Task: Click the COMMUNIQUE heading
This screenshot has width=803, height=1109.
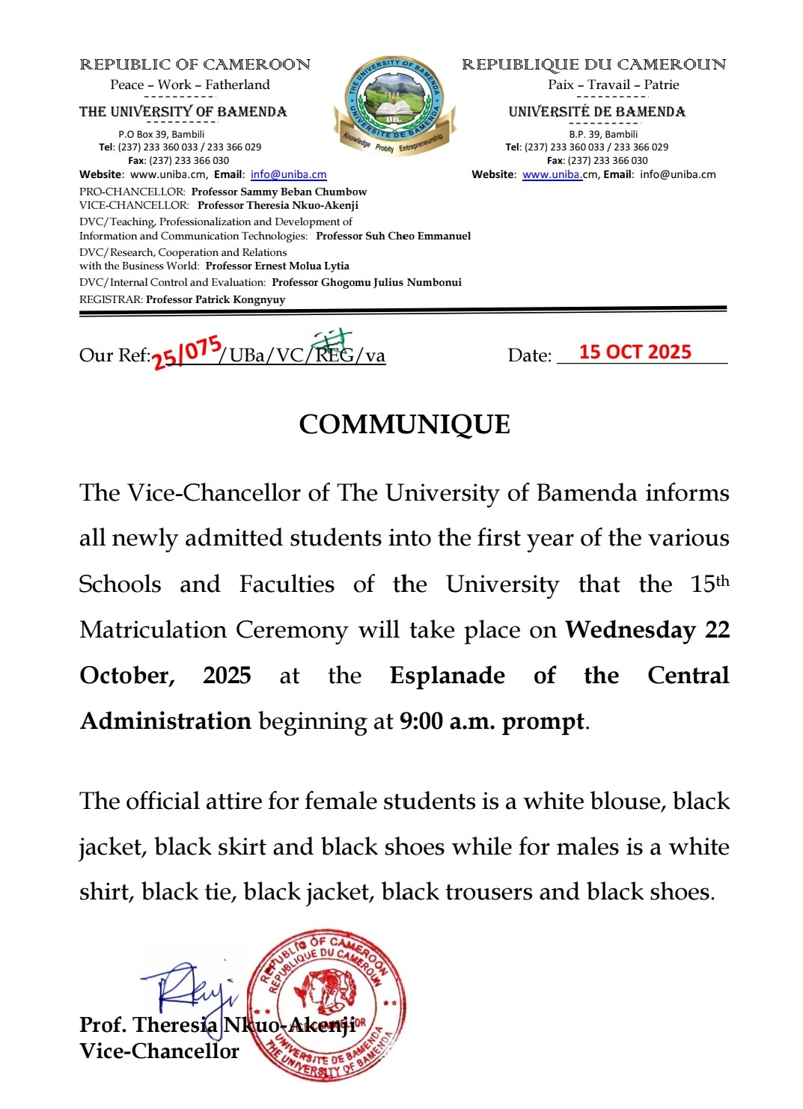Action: [404, 424]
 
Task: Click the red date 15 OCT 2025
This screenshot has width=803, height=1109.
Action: [635, 352]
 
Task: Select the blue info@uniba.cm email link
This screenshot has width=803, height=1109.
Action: [288, 174]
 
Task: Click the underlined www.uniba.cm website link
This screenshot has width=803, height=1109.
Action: [552, 174]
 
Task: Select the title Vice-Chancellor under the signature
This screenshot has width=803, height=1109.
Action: [159, 1051]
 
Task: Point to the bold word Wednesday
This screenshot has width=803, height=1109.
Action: [630, 630]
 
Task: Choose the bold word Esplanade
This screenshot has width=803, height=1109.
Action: [447, 676]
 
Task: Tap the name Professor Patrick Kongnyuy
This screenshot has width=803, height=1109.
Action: [216, 299]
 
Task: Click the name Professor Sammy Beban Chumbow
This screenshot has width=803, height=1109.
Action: [278, 192]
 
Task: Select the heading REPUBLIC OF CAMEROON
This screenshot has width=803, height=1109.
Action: [195, 65]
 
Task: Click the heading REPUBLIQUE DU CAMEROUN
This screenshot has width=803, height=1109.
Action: [593, 65]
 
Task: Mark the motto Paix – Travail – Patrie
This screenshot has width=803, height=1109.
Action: [613, 85]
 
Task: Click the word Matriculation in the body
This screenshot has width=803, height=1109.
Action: [153, 630]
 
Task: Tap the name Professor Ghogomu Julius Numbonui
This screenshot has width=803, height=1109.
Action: [366, 282]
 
